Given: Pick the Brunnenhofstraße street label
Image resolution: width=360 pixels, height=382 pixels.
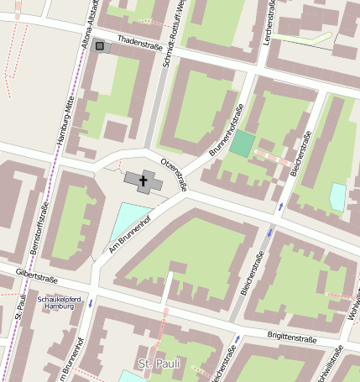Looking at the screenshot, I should pyautogui.click(x=227, y=131).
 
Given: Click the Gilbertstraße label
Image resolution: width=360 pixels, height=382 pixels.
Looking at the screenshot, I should pyautogui.click(x=35, y=276).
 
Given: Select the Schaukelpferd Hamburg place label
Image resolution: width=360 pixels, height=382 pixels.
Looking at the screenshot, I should pyautogui.click(x=60, y=302).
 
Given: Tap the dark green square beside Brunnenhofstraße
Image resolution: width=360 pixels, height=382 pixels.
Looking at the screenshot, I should pyautogui.click(x=242, y=143).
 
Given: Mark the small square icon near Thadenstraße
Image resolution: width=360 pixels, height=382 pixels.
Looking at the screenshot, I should pyautogui.click(x=101, y=45).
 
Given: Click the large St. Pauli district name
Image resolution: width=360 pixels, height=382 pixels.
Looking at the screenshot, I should pyautogui.click(x=158, y=363).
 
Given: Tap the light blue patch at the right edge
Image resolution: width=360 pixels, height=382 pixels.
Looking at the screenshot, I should pyautogui.click(x=337, y=197).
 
